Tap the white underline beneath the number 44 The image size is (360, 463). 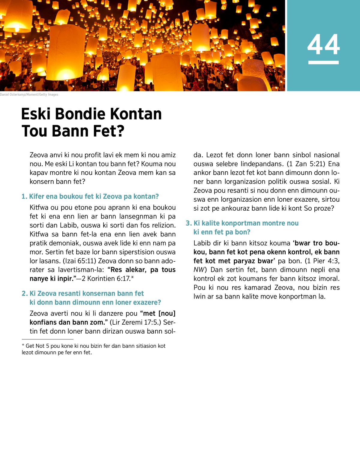pyautogui.click(x=323, y=62)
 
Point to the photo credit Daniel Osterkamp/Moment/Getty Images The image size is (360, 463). pyautogui.click(x=29, y=95)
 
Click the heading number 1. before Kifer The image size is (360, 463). pyautogui.click(x=24, y=197)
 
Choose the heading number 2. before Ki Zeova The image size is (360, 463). pyautogui.click(x=25, y=293)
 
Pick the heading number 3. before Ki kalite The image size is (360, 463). pyautogui.click(x=189, y=223)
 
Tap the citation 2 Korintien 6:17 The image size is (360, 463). pyautogui.click(x=106, y=279)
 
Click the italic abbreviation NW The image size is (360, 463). pyautogui.click(x=198, y=270)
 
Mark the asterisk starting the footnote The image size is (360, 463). pyautogui.click(x=23, y=346)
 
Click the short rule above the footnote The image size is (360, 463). pyautogui.click(x=43, y=339)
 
